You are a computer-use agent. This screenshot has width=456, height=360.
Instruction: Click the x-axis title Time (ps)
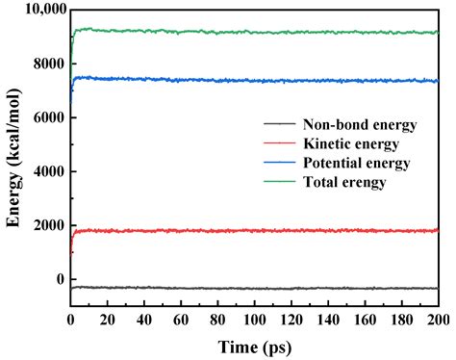253,346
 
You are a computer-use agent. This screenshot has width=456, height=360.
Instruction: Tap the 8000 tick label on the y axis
46,64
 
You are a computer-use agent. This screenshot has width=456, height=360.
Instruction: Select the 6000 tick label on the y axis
46,117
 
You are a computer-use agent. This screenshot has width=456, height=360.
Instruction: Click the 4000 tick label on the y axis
46,171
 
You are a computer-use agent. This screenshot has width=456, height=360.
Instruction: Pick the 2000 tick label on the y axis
46,225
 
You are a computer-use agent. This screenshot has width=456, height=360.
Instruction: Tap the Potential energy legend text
356,163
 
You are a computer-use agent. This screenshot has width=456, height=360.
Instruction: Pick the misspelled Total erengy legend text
344,182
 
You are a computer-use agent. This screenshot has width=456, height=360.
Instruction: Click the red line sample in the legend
279,143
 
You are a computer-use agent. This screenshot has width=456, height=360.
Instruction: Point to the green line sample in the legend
279,182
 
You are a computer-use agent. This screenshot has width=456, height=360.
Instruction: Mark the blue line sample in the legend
279,163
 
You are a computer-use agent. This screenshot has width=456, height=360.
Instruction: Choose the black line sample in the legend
279,124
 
